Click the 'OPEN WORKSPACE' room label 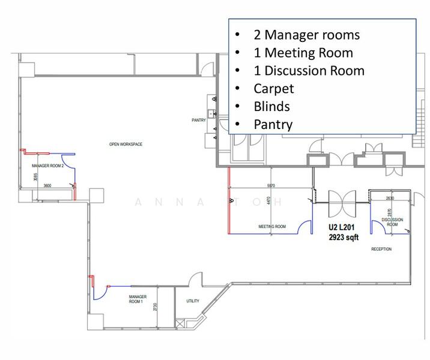[126, 144]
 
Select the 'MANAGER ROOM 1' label [136, 299]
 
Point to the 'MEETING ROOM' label [272, 227]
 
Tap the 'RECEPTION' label [381, 249]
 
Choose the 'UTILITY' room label [193, 301]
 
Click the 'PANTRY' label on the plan [199, 120]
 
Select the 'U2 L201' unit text [341, 228]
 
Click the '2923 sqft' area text [341, 238]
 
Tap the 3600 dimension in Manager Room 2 [47, 185]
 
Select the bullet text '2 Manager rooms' [306, 34]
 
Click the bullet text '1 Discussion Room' [309, 70]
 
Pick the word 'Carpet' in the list [274, 88]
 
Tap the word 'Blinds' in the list [271, 106]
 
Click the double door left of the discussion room [342, 203]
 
